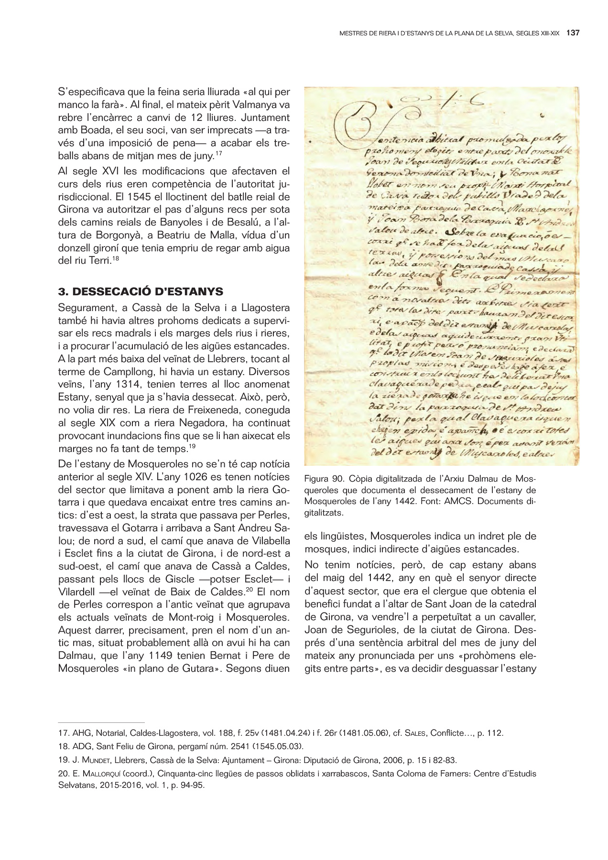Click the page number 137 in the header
pyautogui.click(x=573, y=33)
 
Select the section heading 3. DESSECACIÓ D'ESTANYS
pyautogui.click(x=141, y=291)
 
